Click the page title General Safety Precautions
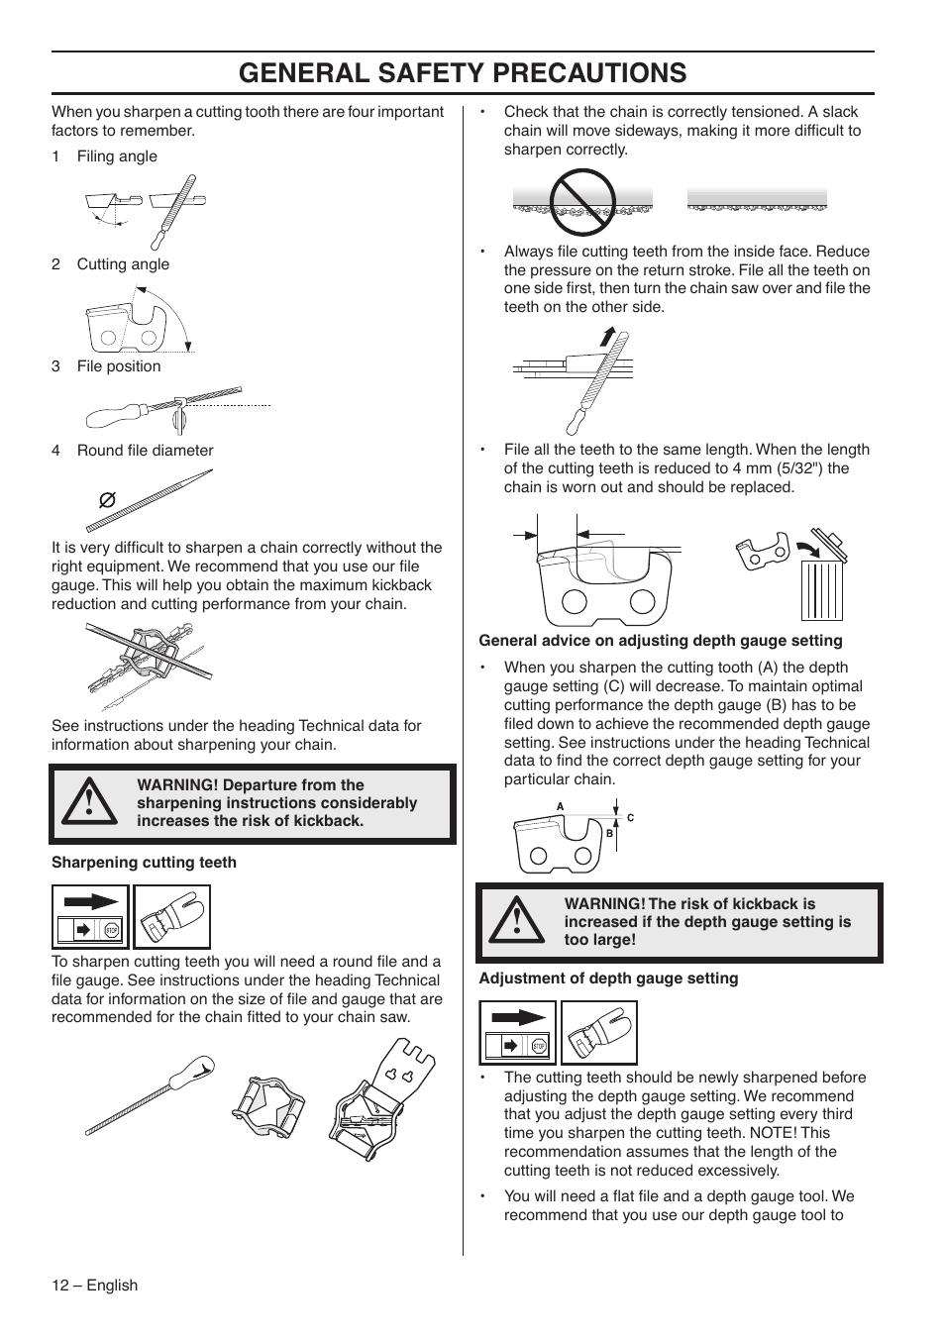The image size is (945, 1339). [463, 72]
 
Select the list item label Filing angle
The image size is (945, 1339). [117, 156]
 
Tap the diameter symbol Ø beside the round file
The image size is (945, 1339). [107, 500]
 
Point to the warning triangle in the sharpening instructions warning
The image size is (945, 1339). [88, 803]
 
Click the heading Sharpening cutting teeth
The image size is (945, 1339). [144, 863]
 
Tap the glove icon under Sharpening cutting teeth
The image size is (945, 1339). [171, 917]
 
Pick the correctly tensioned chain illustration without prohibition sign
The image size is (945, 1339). [757, 201]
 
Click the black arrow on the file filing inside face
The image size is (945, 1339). [605, 339]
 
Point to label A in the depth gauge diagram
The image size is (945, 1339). [560, 807]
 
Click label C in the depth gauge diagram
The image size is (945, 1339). [630, 818]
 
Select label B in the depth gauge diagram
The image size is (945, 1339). [609, 834]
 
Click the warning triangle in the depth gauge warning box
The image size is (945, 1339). [516, 922]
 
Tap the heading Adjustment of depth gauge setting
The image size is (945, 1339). [608, 978]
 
